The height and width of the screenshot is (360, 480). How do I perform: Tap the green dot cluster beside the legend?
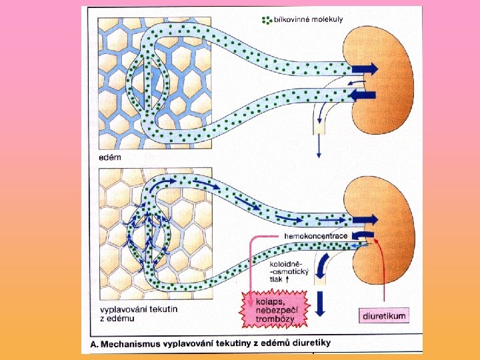tap(267, 20)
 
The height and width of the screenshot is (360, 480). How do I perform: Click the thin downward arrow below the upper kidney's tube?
tap(319, 147)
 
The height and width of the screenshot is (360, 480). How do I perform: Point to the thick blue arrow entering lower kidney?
tap(365, 219)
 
